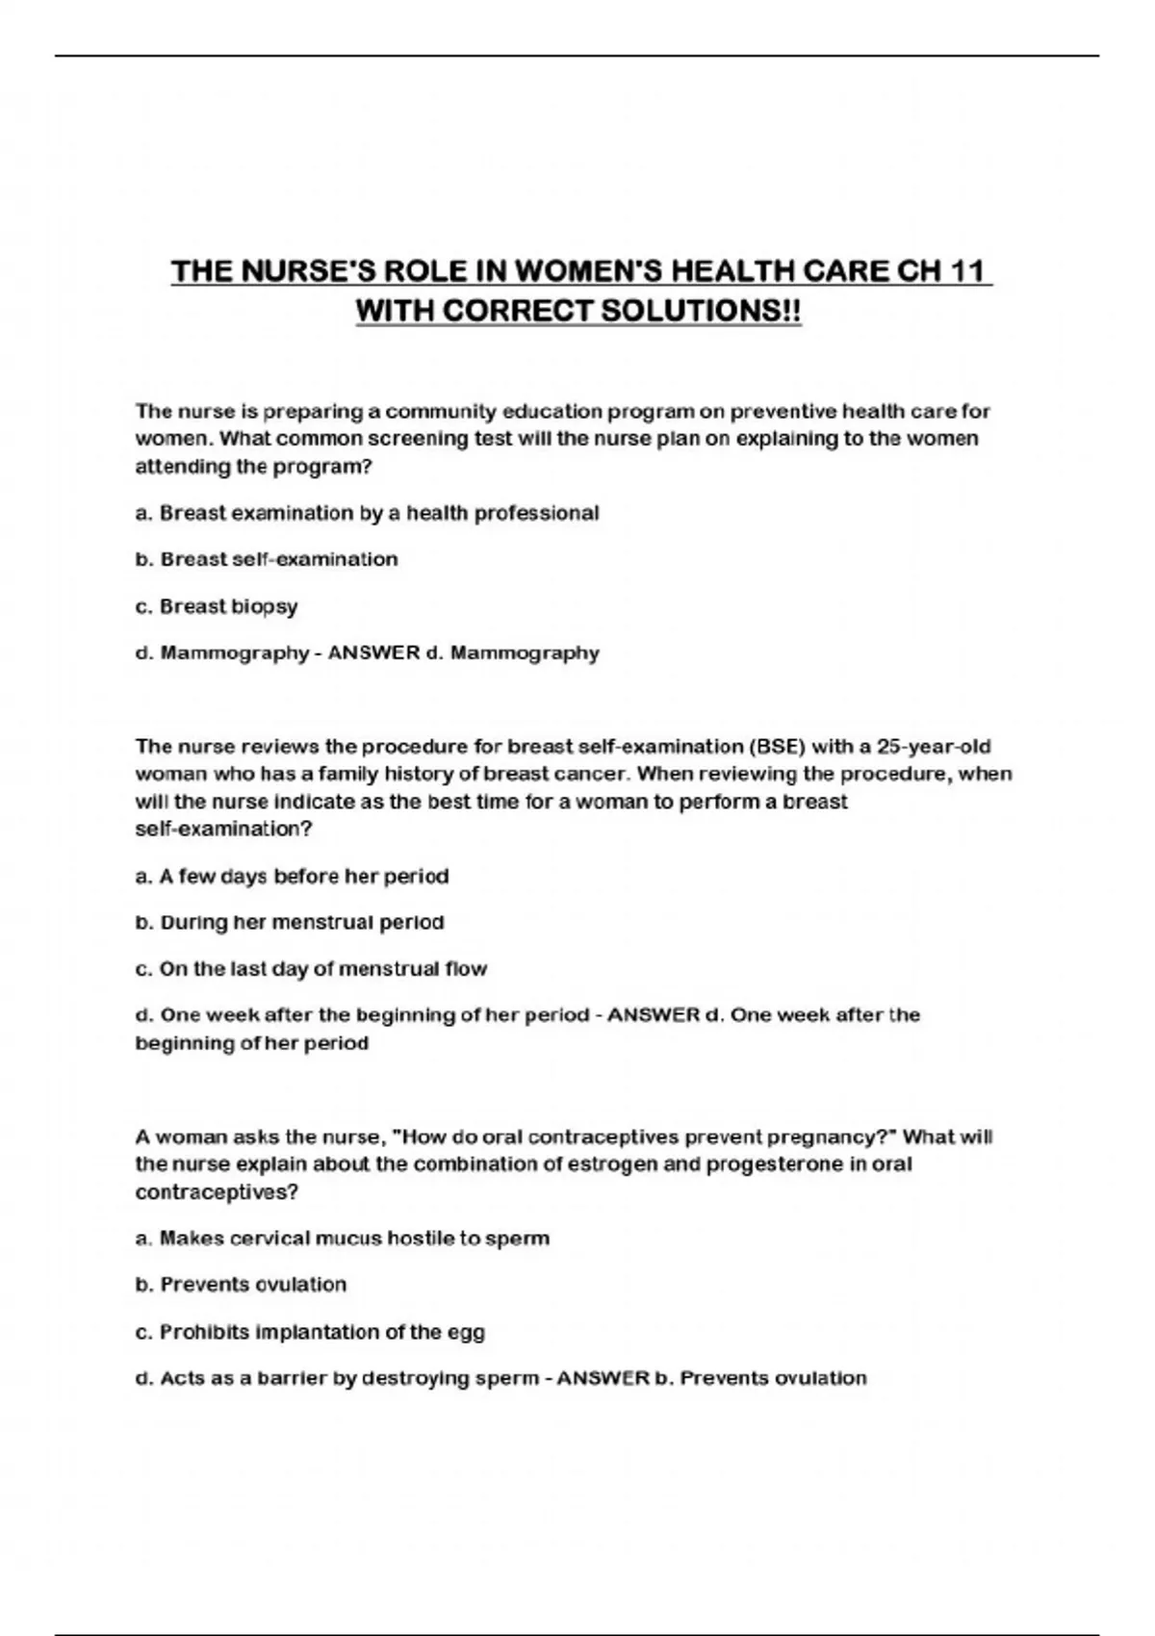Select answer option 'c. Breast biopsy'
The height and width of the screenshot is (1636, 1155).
click(x=217, y=606)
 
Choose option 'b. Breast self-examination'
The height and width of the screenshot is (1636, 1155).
click(x=267, y=559)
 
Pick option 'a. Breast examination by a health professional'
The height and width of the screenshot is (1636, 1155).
click(x=367, y=513)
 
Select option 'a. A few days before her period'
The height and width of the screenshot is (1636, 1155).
click(x=292, y=876)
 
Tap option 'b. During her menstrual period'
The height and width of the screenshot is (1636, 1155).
click(x=290, y=922)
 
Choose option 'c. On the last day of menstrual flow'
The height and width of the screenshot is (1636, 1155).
click(x=311, y=968)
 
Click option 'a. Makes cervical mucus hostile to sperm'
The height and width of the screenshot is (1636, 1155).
click(x=342, y=1238)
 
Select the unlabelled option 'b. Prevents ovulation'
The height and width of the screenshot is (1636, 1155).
click(x=241, y=1284)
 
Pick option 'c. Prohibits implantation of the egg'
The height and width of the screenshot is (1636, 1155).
click(x=310, y=1332)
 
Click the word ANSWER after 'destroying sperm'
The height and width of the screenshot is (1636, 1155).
click(x=603, y=1378)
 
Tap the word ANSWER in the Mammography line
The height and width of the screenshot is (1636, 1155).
click(x=374, y=652)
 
